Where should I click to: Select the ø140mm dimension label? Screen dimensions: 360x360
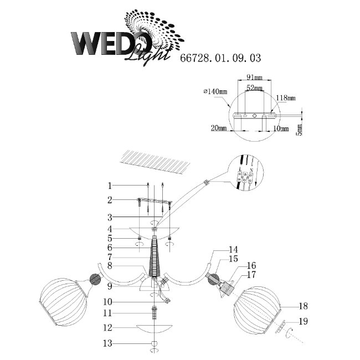coord(216,91)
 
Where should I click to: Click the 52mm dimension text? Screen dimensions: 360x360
coord(255,88)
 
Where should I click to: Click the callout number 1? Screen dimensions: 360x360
coord(110,186)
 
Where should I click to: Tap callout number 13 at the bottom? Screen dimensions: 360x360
coord(110,343)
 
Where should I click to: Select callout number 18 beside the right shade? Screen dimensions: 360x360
coord(302,306)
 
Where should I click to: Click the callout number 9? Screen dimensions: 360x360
coord(110,286)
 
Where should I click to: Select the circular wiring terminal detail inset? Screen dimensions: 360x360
coord(245,177)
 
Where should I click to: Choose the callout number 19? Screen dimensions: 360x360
coord(302,321)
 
